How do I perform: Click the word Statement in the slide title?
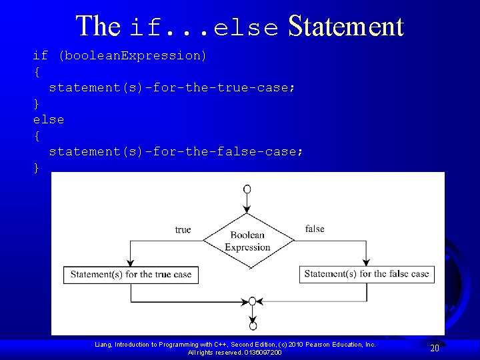tap(346, 27)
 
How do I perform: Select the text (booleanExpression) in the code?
tap(133, 56)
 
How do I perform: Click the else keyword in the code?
tap(49, 120)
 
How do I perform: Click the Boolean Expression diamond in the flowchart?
tap(247, 241)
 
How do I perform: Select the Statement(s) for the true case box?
tap(131, 274)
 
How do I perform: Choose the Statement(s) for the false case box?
tap(366, 273)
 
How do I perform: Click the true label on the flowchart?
tap(183, 230)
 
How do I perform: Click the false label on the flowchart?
tap(315, 229)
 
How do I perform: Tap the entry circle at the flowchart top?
tap(247, 189)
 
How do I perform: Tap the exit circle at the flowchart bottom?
tap(253, 326)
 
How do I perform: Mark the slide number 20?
tap(434, 348)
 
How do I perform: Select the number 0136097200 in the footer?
tap(263, 352)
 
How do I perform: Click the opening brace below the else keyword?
tap(37, 136)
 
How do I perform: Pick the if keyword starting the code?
tap(41, 56)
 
